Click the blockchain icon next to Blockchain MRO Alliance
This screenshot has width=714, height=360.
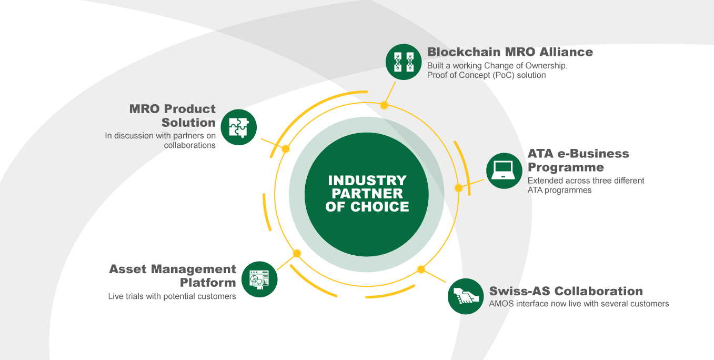(x=404, y=62)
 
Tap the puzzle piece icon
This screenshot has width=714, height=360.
(x=239, y=127)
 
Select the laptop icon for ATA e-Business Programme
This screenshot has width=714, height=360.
(x=504, y=171)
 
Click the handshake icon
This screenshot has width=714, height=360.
(x=466, y=296)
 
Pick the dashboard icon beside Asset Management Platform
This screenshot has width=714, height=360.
(x=259, y=279)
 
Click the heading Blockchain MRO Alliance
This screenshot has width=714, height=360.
(x=510, y=52)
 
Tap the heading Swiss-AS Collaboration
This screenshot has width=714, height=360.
(x=566, y=291)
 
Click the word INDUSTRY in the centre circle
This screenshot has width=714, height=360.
(x=367, y=181)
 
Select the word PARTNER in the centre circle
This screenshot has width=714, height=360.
(x=367, y=194)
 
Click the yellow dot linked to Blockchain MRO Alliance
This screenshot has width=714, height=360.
(x=384, y=105)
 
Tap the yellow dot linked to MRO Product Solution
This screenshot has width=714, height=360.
(x=286, y=149)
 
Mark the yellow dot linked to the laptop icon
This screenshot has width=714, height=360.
(x=458, y=188)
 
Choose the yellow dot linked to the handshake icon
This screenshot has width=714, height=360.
(x=421, y=269)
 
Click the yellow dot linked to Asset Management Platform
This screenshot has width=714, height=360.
(x=297, y=254)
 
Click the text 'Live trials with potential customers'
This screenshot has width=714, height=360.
(x=172, y=296)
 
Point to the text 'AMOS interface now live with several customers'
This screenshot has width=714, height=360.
(x=579, y=304)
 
